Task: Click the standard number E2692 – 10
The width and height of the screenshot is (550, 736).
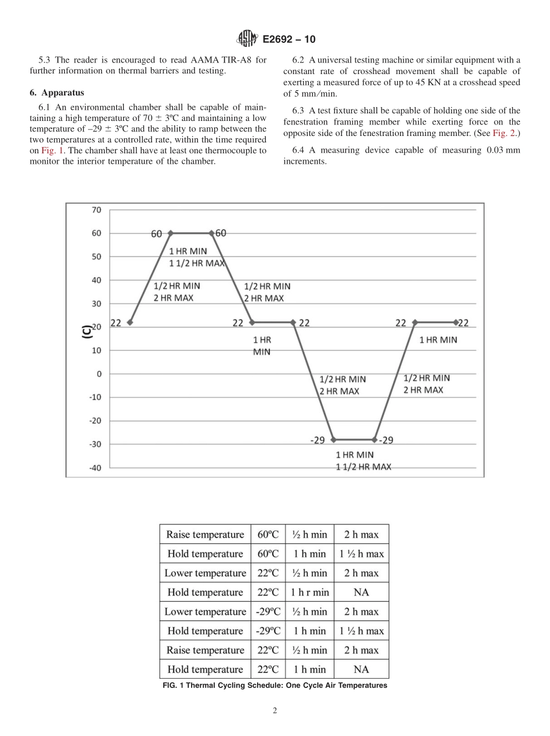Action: [289, 40]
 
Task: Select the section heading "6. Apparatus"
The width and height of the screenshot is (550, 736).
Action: [57, 93]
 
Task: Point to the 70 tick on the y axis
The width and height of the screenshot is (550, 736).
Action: [96, 210]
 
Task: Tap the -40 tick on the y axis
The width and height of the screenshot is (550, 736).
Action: [95, 468]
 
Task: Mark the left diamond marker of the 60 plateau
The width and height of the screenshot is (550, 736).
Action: [170, 233]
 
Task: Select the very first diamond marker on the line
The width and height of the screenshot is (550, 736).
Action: [130, 322]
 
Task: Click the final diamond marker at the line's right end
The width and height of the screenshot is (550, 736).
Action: [456, 322]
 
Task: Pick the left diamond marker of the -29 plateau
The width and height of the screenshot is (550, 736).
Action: [333, 440]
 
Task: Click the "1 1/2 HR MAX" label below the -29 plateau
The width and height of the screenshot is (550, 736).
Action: [363, 467]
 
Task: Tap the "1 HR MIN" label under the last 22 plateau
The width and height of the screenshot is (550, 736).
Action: [438, 340]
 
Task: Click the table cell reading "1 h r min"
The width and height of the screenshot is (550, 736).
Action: [309, 593]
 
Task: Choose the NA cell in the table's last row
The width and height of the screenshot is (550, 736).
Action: [361, 669]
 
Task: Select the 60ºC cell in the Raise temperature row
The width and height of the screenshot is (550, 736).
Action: [268, 535]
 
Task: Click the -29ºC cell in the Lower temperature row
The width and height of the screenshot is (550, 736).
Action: [268, 612]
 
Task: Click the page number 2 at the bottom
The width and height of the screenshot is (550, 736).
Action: [275, 711]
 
